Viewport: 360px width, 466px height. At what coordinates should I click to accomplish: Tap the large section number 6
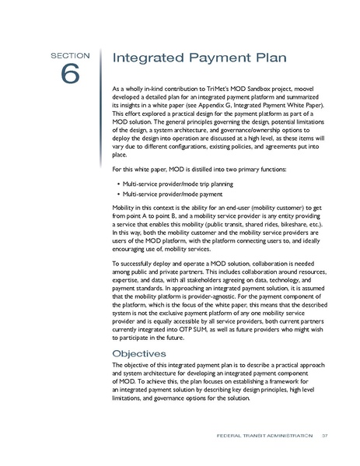[71, 75]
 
